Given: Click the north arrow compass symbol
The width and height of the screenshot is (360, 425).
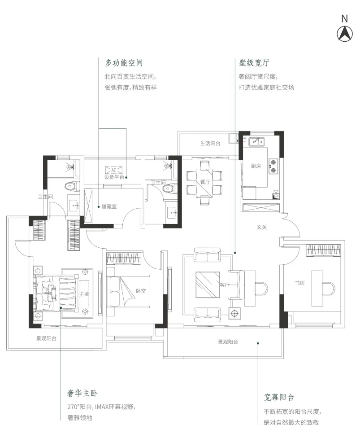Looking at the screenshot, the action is point(345,34).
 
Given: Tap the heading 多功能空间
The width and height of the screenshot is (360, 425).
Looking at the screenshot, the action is point(124,63).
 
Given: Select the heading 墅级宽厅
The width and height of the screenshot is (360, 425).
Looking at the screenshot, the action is point(254,63).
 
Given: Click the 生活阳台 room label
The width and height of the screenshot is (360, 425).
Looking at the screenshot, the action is point(210,143).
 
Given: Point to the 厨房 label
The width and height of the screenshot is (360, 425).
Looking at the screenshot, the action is point(256,166).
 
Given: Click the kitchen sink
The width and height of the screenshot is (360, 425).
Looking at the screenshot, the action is point(256,141).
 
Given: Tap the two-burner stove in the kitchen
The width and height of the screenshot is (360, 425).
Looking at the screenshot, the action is point(273,166).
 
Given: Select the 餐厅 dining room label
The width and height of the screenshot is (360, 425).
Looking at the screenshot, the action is point(205,182).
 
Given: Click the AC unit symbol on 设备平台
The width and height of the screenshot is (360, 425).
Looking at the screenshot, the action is point(114,170).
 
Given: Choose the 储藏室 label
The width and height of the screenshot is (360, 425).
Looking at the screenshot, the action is point(109,206).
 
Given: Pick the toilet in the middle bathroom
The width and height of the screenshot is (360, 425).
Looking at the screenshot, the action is point(170,188).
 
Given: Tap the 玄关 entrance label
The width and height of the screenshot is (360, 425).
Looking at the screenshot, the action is point(262,228).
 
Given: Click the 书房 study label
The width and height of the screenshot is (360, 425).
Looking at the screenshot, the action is point(299,283).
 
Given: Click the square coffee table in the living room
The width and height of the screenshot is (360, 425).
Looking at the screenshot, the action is point(208,285).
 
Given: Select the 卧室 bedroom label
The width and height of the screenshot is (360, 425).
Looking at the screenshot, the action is point(141,291).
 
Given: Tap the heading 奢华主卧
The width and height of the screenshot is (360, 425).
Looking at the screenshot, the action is point(82,393).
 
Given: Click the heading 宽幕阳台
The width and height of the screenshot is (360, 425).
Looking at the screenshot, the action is point(279,397).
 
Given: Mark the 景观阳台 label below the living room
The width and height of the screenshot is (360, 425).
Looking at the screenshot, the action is point(228,342).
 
